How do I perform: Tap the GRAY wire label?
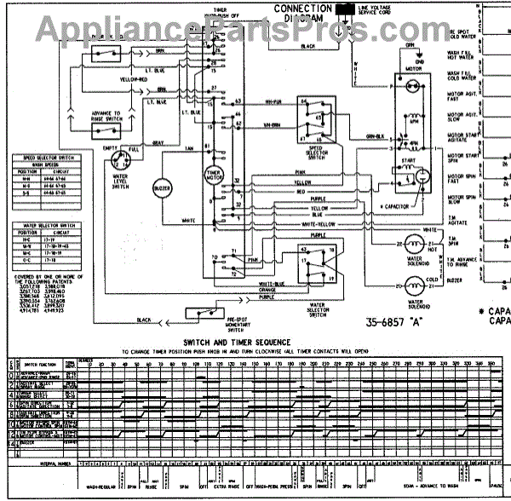[159, 142]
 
